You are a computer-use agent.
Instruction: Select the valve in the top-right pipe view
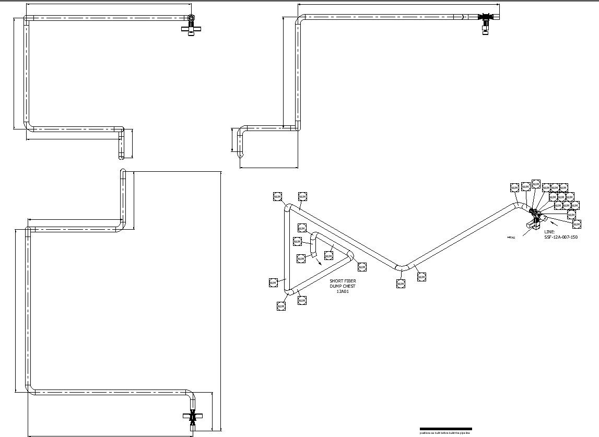click(486, 21)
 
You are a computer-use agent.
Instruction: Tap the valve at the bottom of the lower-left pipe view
click(192, 417)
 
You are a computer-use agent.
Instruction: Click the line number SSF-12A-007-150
click(561, 237)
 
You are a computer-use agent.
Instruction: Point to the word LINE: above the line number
click(550, 231)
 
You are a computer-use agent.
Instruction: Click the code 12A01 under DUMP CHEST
click(343, 291)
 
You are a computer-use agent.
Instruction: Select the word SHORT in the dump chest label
click(336, 281)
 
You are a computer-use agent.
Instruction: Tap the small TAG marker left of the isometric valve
click(511, 238)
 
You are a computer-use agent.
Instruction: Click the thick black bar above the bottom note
click(445, 429)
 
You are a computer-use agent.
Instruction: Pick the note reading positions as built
click(445, 433)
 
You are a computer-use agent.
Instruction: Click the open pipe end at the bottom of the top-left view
click(122, 156)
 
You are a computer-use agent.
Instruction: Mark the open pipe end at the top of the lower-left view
click(123, 172)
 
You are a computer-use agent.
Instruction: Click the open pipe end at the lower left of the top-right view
click(240, 154)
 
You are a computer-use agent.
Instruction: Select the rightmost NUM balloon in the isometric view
click(577, 224)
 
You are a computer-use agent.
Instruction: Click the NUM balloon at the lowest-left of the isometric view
click(281, 306)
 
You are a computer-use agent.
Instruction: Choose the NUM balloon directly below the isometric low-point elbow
click(401, 284)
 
